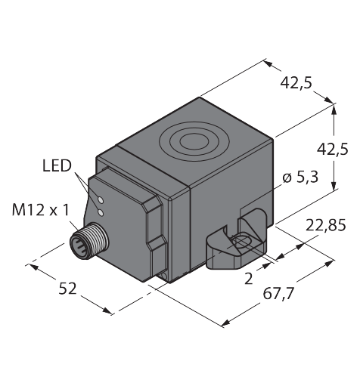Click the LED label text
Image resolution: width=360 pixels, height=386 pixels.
[57, 166]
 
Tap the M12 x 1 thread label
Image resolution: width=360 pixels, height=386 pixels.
[40, 210]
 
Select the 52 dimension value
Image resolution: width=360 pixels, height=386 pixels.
[67, 289]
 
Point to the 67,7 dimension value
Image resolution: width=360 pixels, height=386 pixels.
[278, 294]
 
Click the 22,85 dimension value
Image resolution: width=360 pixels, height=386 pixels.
[325, 225]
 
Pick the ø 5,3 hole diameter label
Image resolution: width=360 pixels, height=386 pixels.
[300, 178]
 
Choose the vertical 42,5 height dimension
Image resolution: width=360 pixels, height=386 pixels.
[332, 150]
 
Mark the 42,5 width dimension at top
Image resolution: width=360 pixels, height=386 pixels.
[296, 83]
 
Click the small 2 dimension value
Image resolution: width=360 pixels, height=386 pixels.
[249, 279]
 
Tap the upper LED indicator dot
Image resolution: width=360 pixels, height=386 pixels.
[101, 200]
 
